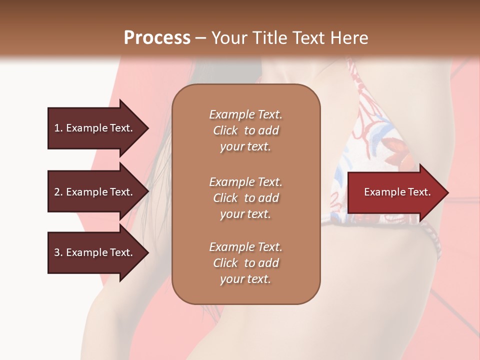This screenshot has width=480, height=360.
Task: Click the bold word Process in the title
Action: point(157,38)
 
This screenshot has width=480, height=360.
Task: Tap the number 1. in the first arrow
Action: point(58,128)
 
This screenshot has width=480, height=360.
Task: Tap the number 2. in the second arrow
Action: point(58,192)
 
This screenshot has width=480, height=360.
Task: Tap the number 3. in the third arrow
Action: point(58,252)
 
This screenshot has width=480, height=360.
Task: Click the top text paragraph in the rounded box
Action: point(246,130)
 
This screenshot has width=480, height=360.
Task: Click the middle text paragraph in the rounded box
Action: point(246,198)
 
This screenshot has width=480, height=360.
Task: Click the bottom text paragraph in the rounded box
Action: point(246,263)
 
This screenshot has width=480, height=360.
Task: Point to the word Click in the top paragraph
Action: point(225,130)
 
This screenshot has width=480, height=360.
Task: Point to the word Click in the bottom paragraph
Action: point(225,263)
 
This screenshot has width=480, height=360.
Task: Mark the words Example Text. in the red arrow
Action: point(397,192)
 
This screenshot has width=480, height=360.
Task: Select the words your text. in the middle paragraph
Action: point(245,214)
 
